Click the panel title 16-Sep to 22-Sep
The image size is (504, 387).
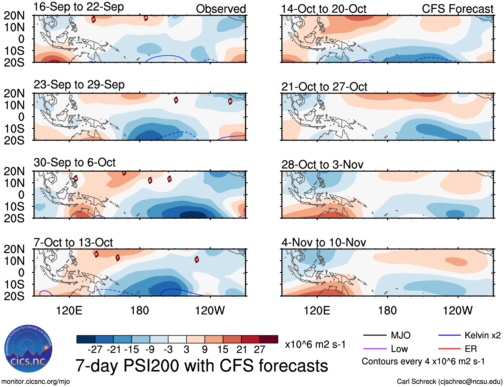tap(79, 7)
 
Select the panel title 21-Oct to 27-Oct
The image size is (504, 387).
tap(324, 87)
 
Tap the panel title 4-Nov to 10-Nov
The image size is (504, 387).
tap(324, 242)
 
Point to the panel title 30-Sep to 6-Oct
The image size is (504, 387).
tap(74, 163)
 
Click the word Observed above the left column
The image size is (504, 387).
tap(221, 9)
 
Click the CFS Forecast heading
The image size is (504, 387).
tap(457, 9)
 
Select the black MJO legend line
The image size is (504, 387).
tap(374, 335)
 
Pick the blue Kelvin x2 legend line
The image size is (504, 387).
tap(449, 335)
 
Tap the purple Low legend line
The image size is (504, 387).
tap(374, 349)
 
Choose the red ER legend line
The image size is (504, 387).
tap(449, 349)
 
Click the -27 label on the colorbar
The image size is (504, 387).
tap(95, 350)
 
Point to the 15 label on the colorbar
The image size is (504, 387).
tap(223, 350)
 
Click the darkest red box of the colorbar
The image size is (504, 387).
tap(269, 339)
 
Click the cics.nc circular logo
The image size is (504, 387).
tap(28, 349)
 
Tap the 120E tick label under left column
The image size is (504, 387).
tap(69, 311)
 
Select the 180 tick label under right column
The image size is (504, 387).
tap(387, 311)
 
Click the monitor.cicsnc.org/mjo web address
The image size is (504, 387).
tap(36, 382)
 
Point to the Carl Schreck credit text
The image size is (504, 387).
tap(449, 382)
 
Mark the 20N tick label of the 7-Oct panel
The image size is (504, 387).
tap(14, 249)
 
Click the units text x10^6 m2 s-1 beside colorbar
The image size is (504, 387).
tap(315, 344)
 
